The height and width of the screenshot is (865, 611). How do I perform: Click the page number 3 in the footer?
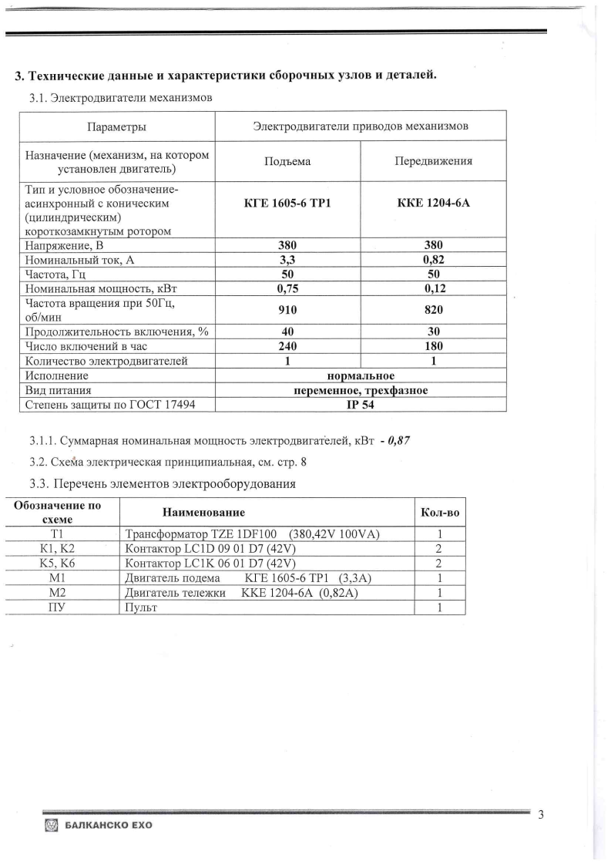[541, 816]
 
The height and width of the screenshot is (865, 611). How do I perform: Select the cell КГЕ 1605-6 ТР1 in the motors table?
[287, 204]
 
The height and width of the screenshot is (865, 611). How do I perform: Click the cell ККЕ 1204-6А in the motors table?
[432, 204]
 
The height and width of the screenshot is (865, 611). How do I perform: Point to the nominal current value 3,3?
[287, 261]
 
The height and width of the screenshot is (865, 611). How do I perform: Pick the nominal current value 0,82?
[432, 261]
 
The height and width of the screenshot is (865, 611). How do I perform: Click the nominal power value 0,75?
[287, 288]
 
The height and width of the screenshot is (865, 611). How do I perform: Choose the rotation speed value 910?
[287, 310]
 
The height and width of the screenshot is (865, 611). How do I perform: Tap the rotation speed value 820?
[432, 310]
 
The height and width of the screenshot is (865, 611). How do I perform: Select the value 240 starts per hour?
[287, 346]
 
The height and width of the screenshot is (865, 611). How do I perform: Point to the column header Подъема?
[287, 161]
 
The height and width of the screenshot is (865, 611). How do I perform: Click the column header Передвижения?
[432, 161]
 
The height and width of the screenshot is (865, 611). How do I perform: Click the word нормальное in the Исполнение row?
[361, 375]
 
